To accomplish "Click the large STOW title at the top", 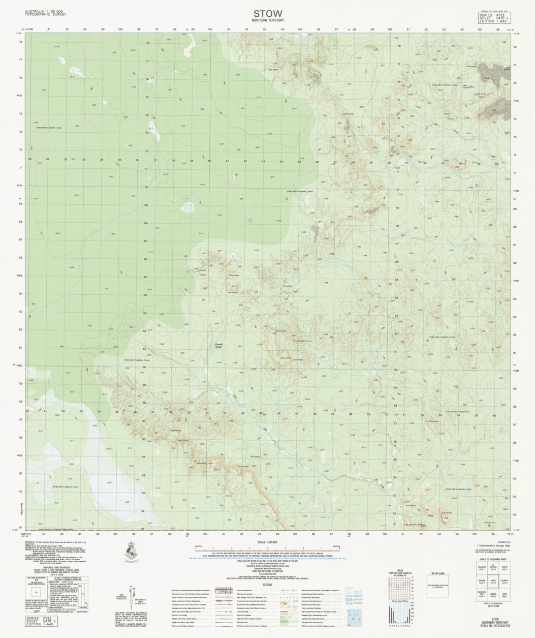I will [267, 13].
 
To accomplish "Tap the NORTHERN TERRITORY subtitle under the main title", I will [267, 20].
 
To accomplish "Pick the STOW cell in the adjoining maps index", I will [492, 595].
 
